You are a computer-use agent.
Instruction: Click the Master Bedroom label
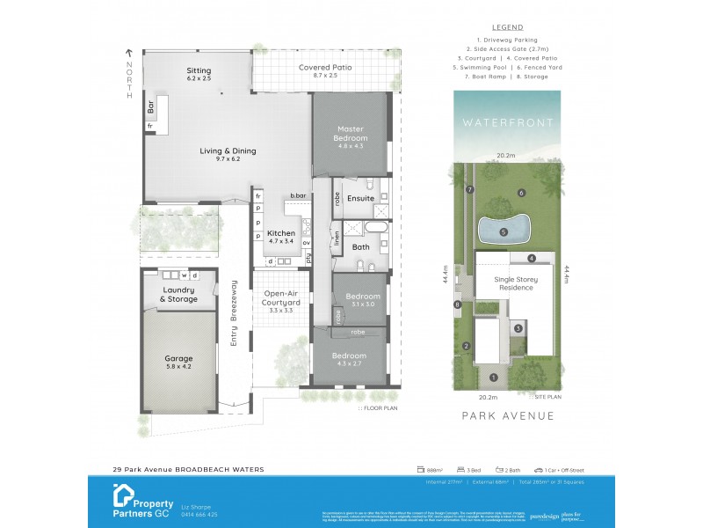tap(350, 134)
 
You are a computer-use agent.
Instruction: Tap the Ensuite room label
tap(360, 198)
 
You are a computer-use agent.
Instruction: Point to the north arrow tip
tap(128, 51)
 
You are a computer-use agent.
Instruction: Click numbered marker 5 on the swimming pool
tap(504, 232)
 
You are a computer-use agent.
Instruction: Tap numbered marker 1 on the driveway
tap(493, 378)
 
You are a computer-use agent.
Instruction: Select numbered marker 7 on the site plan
tap(470, 190)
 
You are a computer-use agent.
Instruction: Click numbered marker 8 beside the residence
tap(458, 305)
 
